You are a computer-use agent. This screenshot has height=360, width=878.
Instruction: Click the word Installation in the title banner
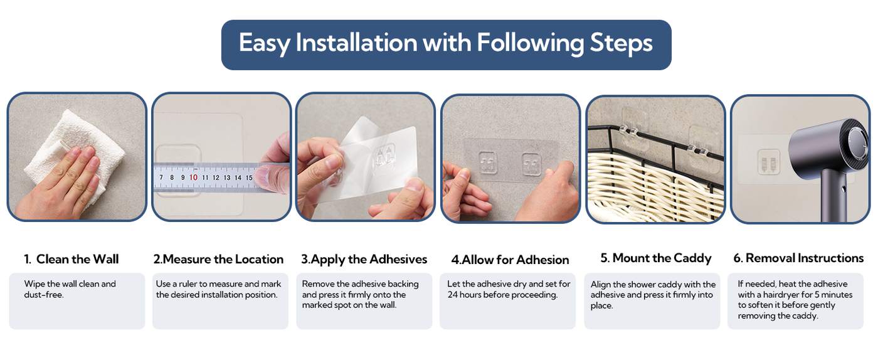point(356,43)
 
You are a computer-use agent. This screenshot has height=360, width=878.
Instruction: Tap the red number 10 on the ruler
point(193,177)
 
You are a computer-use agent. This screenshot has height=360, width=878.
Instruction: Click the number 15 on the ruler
point(249,177)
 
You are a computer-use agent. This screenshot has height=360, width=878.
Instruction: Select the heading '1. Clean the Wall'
point(71,259)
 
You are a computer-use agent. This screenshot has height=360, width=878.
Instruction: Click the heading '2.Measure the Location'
point(218,259)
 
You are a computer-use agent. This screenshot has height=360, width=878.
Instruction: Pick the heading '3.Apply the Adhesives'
point(364,260)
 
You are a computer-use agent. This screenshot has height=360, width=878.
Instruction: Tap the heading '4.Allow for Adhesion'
point(510,260)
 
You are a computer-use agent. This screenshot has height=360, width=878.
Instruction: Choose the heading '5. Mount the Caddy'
point(656,258)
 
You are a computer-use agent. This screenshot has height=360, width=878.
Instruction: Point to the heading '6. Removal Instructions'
point(798,258)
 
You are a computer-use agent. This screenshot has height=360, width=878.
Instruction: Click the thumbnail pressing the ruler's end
point(263,174)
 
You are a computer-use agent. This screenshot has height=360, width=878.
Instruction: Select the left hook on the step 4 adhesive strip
point(488,162)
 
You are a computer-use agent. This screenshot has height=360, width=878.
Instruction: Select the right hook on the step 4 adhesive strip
point(532,164)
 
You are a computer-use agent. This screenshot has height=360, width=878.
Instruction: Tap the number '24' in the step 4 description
point(453,295)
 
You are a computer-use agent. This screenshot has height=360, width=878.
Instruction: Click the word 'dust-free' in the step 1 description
point(43,295)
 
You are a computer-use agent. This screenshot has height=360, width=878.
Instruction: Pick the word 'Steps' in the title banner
point(621,43)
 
